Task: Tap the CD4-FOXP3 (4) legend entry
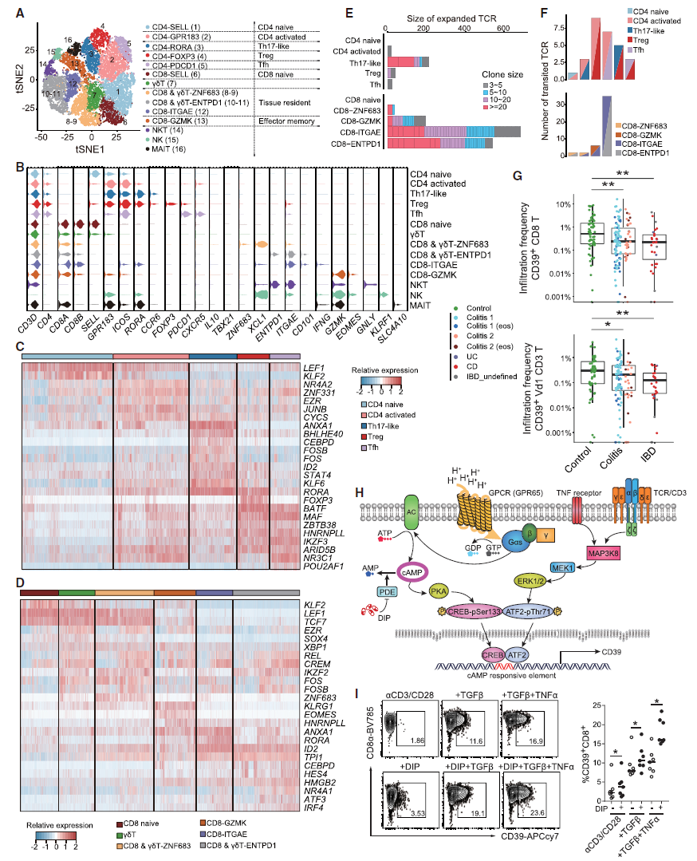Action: pyautogui.click(x=173, y=57)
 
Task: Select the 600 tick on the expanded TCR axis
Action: pyautogui.click(x=502, y=29)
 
